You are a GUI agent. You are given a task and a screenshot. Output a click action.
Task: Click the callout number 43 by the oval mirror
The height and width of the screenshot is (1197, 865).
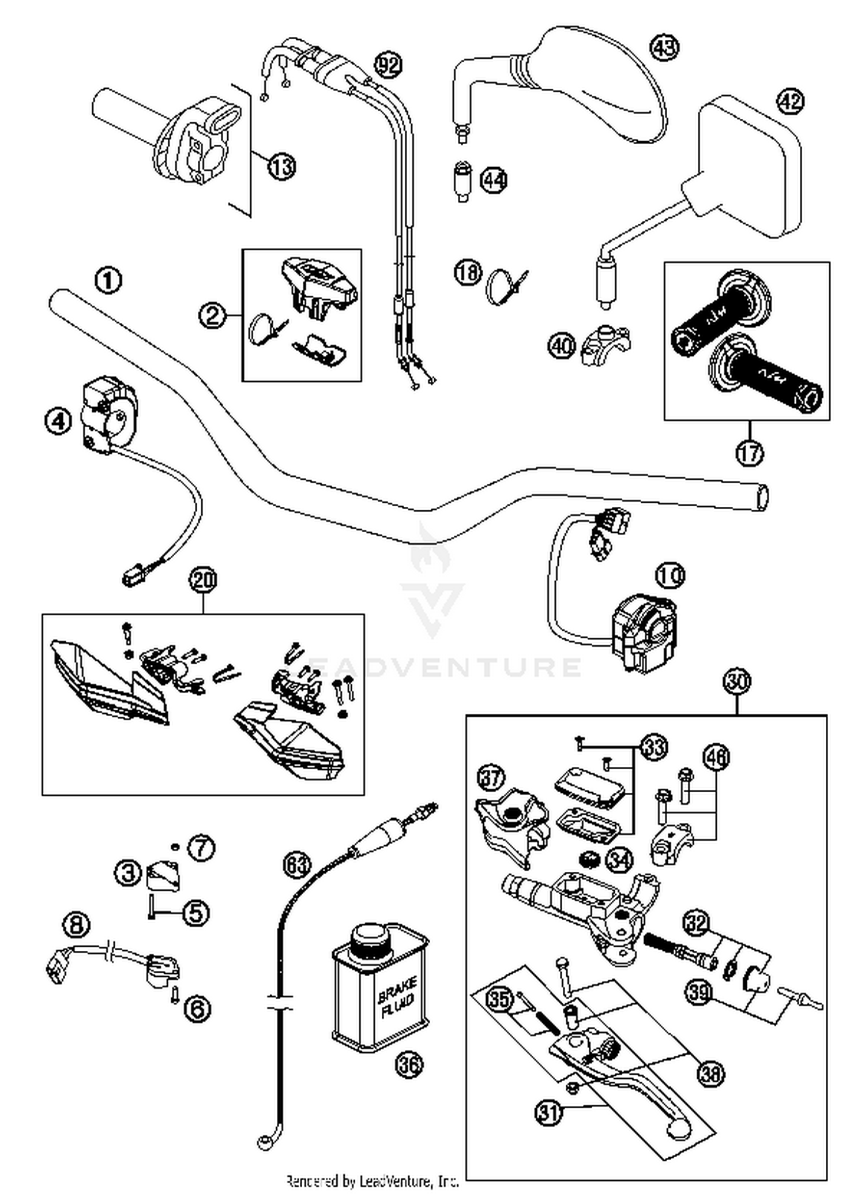[x=665, y=47]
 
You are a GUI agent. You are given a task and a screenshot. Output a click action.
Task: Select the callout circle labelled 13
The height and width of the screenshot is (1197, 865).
[x=281, y=167]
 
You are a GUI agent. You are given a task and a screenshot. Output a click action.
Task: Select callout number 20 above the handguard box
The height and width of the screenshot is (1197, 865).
[x=203, y=580]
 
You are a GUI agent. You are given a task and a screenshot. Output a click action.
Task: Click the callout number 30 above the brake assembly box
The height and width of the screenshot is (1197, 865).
[x=738, y=682]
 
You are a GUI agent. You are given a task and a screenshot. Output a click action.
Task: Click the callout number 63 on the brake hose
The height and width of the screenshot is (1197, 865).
[x=297, y=864]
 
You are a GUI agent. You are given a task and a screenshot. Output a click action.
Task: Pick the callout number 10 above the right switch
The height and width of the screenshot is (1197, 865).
[x=670, y=575]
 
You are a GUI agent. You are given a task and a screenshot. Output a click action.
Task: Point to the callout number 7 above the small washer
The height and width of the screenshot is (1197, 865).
[x=201, y=848]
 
